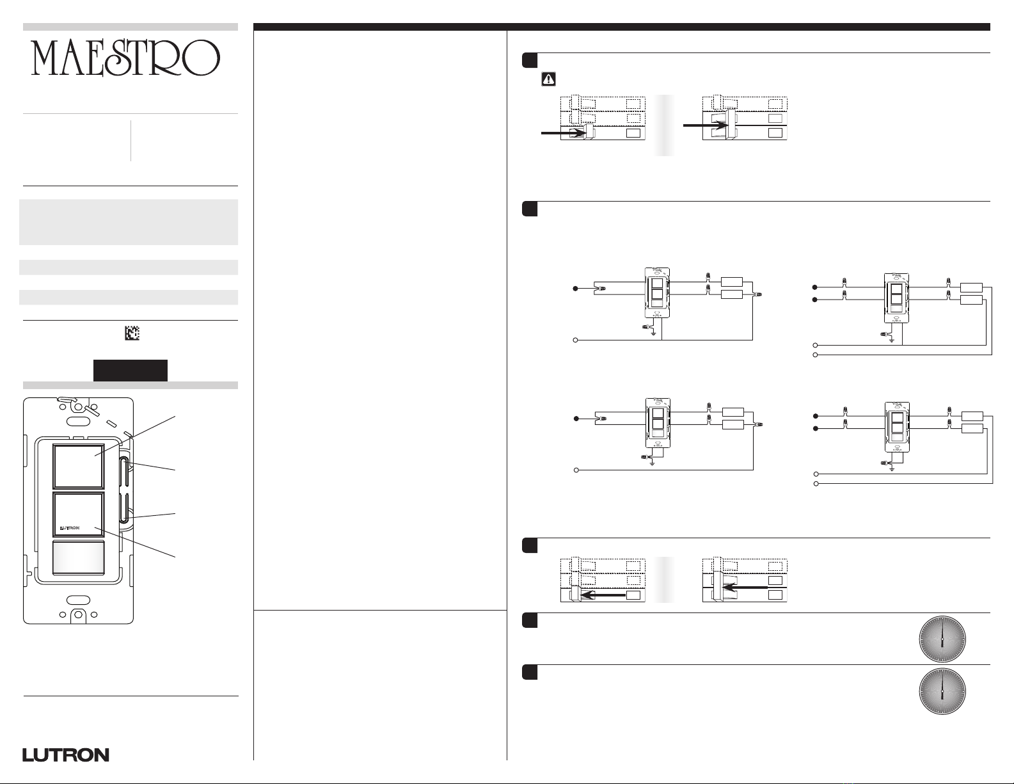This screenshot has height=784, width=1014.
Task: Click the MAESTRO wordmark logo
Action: tap(126, 58)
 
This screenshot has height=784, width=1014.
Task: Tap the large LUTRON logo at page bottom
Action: tap(66, 755)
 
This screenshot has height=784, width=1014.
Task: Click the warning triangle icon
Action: tap(548, 79)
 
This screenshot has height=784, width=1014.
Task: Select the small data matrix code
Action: tap(132, 333)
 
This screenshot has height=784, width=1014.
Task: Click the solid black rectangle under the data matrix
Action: tap(131, 371)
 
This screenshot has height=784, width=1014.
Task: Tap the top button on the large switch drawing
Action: tap(78, 466)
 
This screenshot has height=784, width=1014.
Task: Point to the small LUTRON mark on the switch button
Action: tap(69, 529)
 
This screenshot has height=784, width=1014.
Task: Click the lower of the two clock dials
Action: tap(942, 692)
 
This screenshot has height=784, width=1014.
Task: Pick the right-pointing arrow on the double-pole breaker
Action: tap(704, 125)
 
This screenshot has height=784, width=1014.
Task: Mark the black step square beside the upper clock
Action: tap(529, 621)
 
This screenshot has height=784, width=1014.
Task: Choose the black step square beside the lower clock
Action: tap(529, 673)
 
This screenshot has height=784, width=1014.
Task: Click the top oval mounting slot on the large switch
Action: tap(79, 422)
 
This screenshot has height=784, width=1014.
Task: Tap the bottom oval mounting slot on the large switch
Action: tap(78, 600)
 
